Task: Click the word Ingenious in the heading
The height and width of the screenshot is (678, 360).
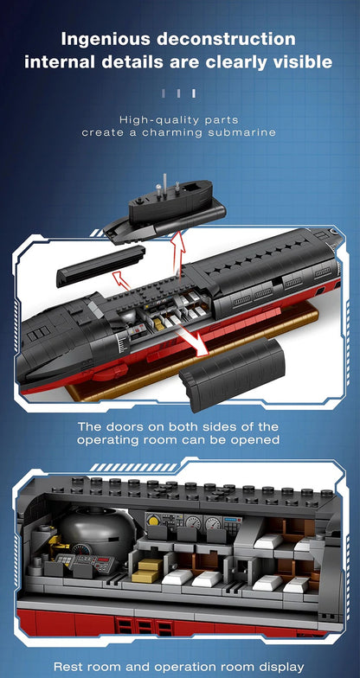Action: pyautogui.click(x=106, y=39)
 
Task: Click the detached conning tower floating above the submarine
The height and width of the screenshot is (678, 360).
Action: pyautogui.click(x=164, y=208)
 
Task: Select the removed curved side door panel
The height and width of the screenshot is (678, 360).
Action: pyautogui.click(x=232, y=374)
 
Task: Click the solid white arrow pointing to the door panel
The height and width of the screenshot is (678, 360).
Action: pyautogui.click(x=194, y=341)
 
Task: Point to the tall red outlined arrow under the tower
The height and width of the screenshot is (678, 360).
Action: pyautogui.click(x=178, y=253)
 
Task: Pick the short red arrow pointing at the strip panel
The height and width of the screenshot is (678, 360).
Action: pyautogui.click(x=121, y=280)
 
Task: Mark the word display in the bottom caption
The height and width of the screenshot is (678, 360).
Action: pyautogui.click(x=280, y=667)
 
